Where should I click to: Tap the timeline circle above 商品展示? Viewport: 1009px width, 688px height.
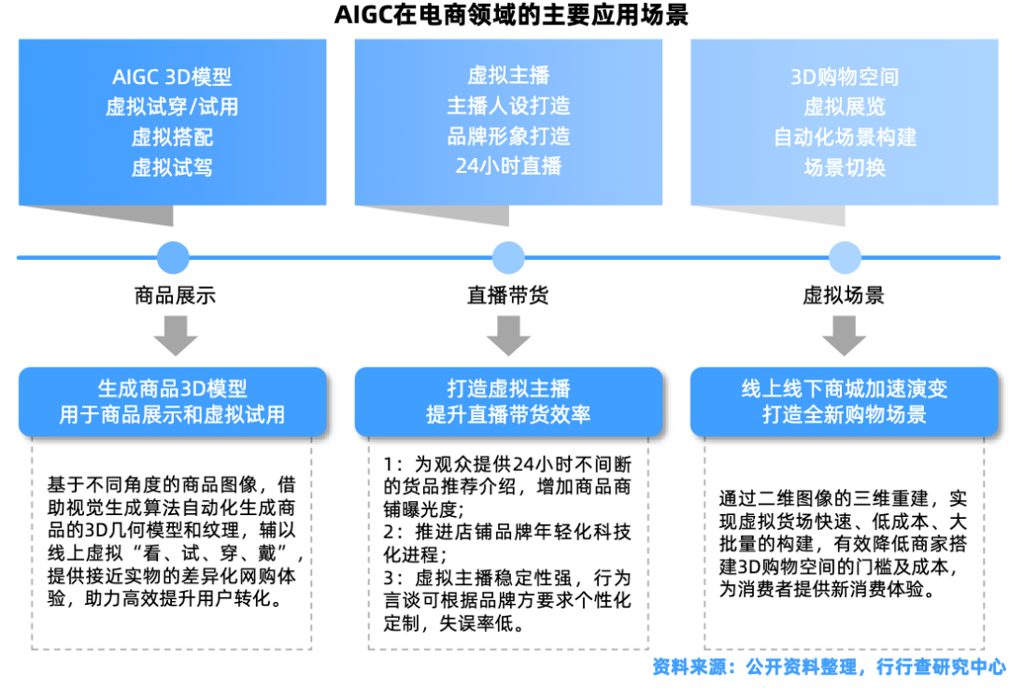pos(173,257)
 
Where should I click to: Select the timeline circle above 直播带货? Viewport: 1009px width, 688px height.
pos(508,257)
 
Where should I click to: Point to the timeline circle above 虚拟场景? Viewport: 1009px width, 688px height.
pos(845,257)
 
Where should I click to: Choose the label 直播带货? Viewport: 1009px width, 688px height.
pos(508,296)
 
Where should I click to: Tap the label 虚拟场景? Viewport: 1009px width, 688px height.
pos(845,296)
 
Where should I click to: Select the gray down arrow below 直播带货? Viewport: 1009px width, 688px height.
pos(508,335)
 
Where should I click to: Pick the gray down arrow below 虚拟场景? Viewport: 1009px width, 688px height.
pos(845,335)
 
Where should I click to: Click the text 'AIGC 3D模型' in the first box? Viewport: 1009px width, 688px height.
pos(172,78)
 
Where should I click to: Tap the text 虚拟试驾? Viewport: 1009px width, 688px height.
pos(172,167)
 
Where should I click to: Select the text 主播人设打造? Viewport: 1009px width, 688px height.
pos(508,106)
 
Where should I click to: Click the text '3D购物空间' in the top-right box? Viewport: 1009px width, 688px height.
pos(845,78)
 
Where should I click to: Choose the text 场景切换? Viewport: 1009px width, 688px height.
pos(845,167)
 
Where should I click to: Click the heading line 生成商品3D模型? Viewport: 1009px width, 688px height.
pos(173,389)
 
